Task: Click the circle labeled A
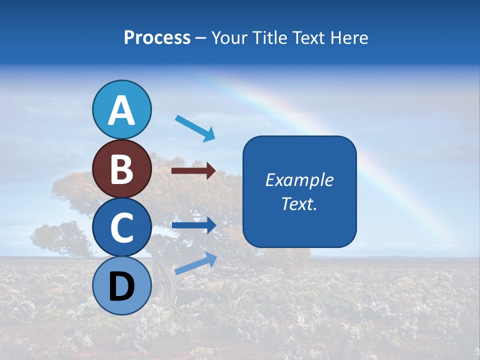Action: click(x=121, y=109)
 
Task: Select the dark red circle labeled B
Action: click(x=121, y=168)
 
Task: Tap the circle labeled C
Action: click(x=121, y=227)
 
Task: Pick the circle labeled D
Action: click(x=121, y=285)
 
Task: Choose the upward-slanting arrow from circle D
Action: click(x=195, y=263)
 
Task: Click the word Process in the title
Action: click(x=157, y=37)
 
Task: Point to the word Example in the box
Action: click(x=299, y=180)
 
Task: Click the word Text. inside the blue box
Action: click(x=299, y=203)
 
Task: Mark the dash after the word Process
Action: click(x=201, y=38)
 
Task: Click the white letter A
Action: click(x=121, y=110)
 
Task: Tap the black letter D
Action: click(x=121, y=286)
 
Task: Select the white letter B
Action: click(x=121, y=169)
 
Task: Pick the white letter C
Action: click(x=121, y=228)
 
